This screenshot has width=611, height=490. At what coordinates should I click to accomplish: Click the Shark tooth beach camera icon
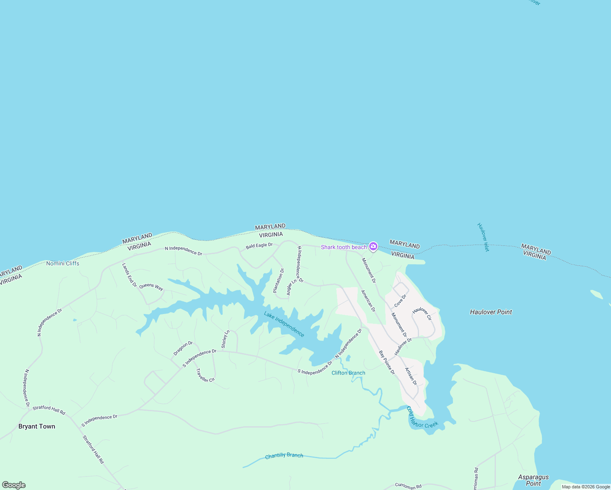pos(373,246)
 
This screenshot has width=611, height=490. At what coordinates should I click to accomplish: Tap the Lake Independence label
pos(284,324)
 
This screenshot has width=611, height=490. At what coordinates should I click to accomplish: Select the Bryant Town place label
pos(37,426)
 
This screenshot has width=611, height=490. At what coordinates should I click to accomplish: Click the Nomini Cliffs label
pos(62,263)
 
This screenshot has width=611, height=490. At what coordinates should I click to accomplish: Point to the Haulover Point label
pos(491,312)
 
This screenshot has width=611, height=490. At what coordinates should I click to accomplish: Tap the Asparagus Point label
pos(533,480)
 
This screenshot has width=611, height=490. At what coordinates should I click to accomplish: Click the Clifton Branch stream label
pos(348,373)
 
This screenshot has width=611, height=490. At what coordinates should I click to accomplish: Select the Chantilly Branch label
pos(284,456)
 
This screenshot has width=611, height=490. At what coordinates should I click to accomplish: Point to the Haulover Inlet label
pos(483,237)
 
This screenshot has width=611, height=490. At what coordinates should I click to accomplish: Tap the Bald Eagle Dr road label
pos(259,246)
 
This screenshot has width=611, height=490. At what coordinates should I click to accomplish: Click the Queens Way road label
pos(151,287)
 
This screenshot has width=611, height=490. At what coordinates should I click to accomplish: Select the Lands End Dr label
pos(129,275)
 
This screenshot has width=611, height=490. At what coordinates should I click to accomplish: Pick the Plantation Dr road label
pos(279,281)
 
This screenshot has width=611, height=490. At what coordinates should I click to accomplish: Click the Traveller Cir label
pos(205,375)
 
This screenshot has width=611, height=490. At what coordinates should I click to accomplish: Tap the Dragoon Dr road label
pos(183,348)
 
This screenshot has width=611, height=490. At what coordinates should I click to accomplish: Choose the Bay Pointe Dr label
pos(387,363)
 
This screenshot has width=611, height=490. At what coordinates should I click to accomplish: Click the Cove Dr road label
pos(400,301)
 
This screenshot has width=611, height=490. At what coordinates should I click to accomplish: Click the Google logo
pos(14,485)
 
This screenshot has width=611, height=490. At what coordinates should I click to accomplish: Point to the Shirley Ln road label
pos(225,339)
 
